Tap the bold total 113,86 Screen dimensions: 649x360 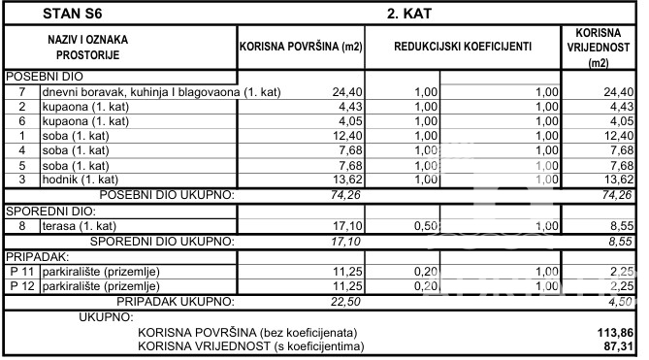coord(618,331)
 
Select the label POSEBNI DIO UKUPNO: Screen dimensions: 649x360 coord(168,194)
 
